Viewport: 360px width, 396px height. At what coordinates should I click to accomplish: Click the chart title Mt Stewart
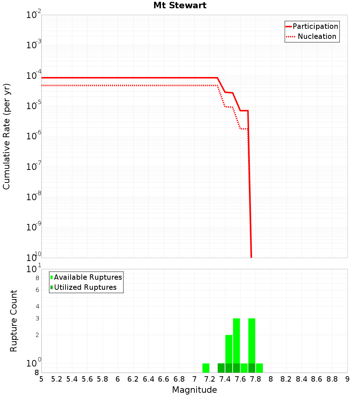180,5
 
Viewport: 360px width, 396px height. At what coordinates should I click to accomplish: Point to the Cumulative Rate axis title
6,136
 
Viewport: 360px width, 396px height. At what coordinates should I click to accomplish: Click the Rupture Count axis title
14,321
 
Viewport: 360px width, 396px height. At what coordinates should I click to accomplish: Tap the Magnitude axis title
194,390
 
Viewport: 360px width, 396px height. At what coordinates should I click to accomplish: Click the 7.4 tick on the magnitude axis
225,379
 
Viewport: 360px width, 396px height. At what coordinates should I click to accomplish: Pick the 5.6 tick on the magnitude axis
87,379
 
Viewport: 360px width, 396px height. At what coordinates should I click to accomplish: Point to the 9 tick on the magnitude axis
347,379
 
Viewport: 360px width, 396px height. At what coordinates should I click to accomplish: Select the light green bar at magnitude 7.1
206,368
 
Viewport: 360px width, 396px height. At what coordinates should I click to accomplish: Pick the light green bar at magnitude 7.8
259,368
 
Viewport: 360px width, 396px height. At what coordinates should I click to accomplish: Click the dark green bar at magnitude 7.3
221,368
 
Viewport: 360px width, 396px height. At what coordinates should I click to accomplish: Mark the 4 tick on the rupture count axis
37,306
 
